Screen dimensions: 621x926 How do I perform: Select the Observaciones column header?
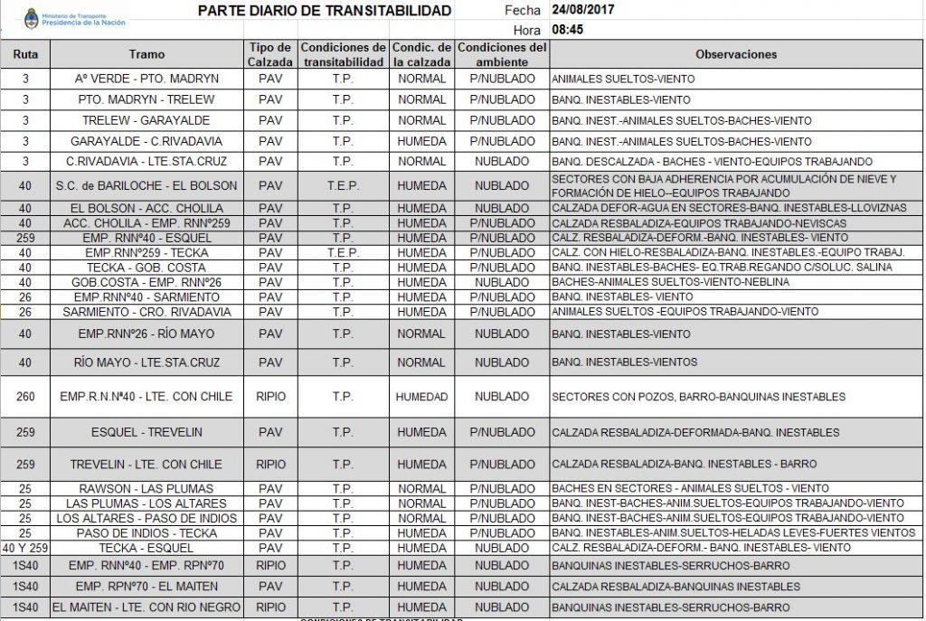[x=736, y=54]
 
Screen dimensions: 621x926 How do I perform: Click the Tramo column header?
[x=146, y=54]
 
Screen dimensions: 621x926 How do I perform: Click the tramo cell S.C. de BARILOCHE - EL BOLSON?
[x=146, y=185]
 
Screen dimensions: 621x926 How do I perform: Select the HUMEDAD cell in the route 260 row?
[x=421, y=396]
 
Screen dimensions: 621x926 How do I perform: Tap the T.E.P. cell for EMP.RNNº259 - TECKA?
[x=343, y=252]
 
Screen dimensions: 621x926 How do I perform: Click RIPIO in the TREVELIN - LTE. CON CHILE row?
[x=270, y=465]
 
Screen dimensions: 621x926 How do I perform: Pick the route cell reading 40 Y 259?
[x=25, y=548]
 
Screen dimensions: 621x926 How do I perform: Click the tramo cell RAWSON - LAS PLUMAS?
[x=146, y=489]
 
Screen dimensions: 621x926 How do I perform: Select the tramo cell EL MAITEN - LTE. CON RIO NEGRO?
[x=146, y=607]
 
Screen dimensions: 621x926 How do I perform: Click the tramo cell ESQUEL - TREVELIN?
[x=146, y=431]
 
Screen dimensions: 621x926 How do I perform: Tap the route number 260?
[x=25, y=396]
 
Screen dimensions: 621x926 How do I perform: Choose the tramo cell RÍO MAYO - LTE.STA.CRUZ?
[x=146, y=362]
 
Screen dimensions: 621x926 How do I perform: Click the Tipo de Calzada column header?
[x=270, y=54]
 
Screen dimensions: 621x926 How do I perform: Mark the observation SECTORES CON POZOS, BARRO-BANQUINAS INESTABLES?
[x=698, y=396]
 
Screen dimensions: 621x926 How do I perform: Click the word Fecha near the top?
[x=522, y=11]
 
